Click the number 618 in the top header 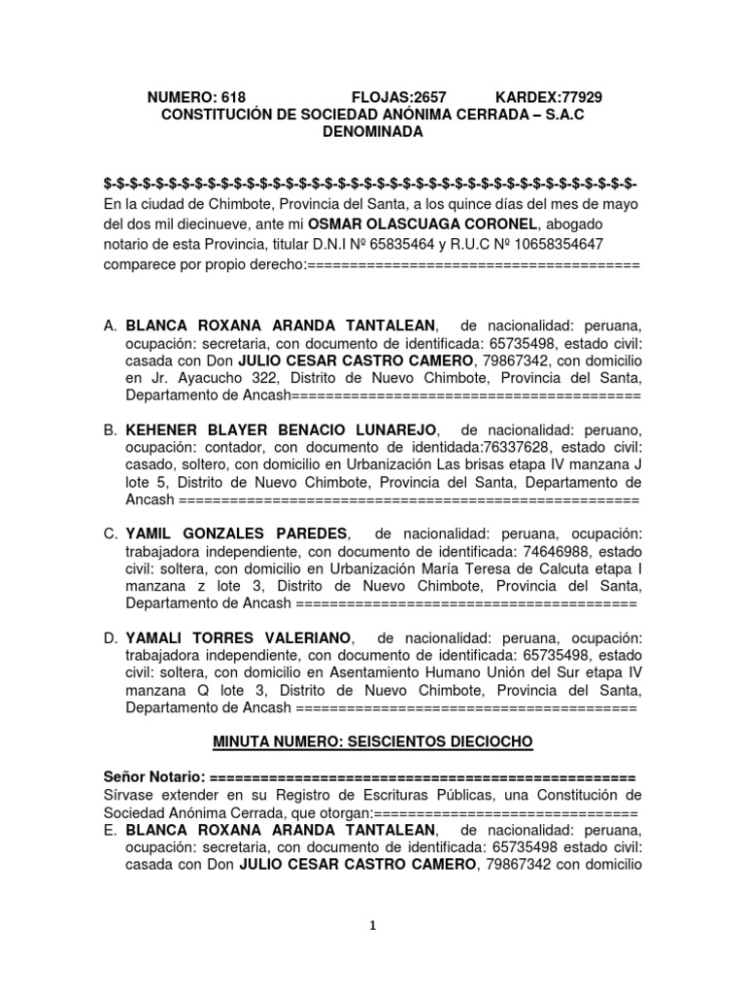pyautogui.click(x=233, y=97)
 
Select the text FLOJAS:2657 pyautogui.click(x=398, y=97)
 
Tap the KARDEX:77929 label pyautogui.click(x=549, y=97)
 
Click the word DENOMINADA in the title pyautogui.click(x=373, y=132)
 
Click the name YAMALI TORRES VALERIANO pyautogui.click(x=238, y=638)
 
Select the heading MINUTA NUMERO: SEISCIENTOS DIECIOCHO pyautogui.click(x=372, y=743)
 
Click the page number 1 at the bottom pyautogui.click(x=373, y=925)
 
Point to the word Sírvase pyautogui.click(x=130, y=797)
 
